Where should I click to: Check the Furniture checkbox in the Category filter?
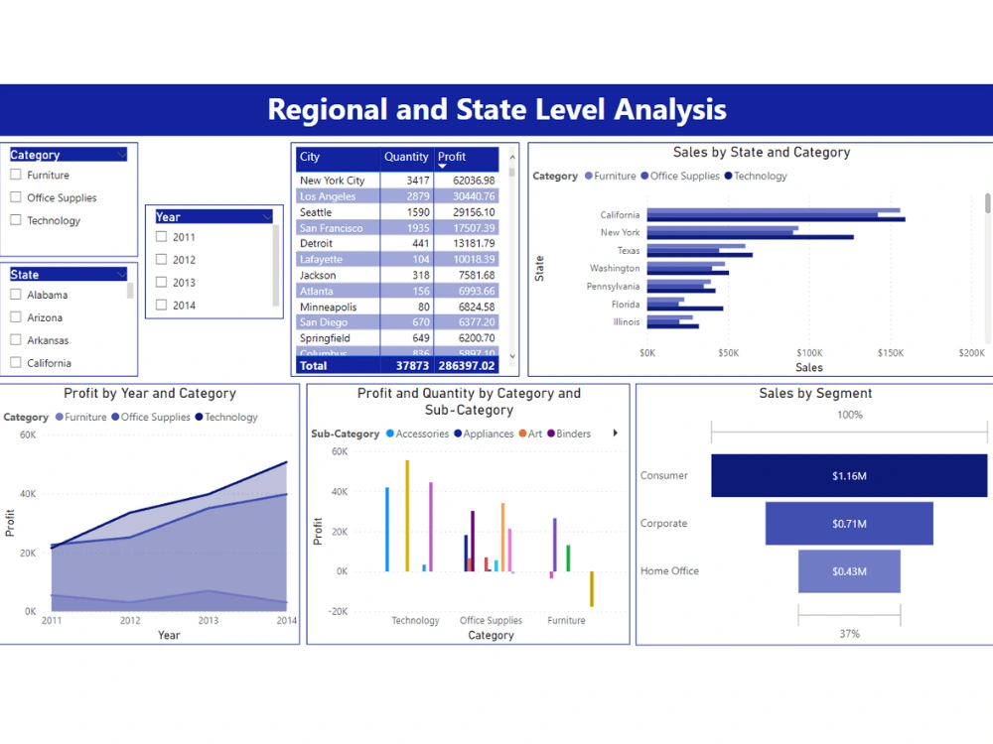coord(16,175)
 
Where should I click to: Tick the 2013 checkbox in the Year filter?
coord(162,283)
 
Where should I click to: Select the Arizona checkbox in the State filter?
coord(16,317)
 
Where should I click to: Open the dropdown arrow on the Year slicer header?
coord(267,216)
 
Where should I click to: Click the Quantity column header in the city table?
coord(406,157)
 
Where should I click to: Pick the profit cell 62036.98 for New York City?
coord(466,181)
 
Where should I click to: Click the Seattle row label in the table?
coord(316,212)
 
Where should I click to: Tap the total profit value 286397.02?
coord(466,366)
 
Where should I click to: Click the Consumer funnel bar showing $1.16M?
coord(849,476)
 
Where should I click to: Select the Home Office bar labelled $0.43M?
coord(849,571)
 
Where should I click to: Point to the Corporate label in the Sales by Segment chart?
coord(663,524)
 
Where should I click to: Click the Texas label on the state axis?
coord(628,251)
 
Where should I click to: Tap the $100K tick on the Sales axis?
coord(809,353)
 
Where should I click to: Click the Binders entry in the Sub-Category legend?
coord(573,434)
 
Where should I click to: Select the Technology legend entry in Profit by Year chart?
coord(230,418)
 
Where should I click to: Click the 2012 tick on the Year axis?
coord(130,621)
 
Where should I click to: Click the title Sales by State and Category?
coord(761,153)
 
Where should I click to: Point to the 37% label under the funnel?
coord(849,634)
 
